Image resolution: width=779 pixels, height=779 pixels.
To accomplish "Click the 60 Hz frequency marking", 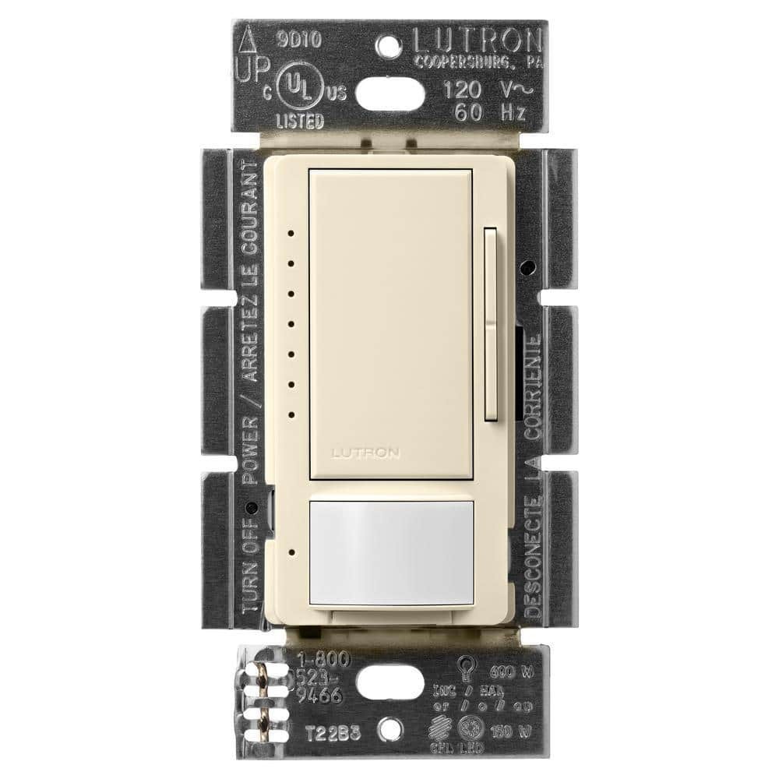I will pos(491,111).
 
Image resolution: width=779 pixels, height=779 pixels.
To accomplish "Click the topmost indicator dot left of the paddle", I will pos(291,232).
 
